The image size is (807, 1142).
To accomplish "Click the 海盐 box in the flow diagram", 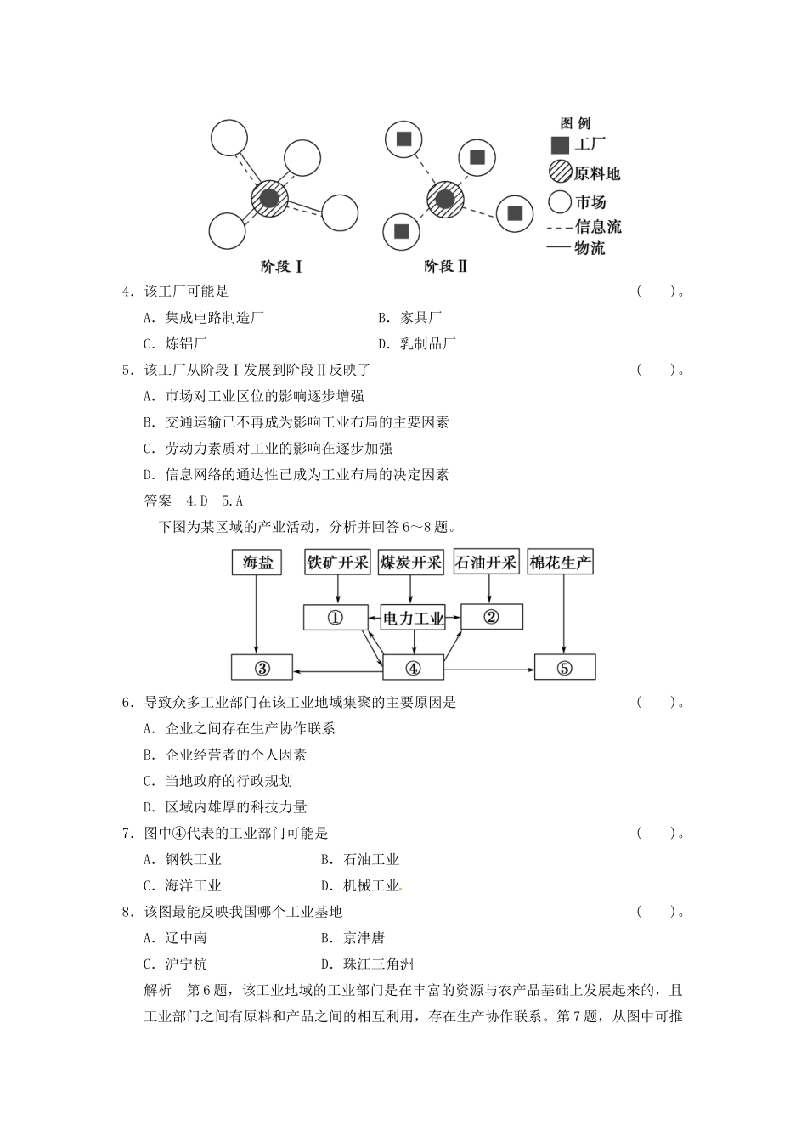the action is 257,562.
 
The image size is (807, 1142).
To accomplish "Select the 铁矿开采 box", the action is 338,562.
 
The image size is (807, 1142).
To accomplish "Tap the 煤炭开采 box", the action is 411,562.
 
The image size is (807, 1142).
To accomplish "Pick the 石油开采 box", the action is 486,562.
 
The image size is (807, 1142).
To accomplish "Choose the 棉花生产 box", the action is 561,562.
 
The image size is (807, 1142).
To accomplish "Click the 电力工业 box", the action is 413,618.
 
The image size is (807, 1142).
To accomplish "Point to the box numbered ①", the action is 335,618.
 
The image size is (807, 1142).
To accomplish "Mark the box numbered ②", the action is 491,617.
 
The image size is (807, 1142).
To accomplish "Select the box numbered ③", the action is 262,668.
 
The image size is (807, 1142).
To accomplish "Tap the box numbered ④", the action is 413,668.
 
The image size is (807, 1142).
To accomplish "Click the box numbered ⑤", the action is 565,668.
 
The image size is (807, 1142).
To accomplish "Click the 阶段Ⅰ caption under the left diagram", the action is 281,267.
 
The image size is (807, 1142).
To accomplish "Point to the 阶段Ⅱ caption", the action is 446,267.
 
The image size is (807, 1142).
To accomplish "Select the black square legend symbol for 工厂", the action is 560,145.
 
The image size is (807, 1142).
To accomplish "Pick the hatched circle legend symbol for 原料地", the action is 560,172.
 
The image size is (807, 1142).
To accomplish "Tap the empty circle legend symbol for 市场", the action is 560,202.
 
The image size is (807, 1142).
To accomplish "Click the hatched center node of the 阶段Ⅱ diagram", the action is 445,201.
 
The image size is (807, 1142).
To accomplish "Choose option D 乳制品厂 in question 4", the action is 428,343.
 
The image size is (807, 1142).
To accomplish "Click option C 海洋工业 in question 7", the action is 192,885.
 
